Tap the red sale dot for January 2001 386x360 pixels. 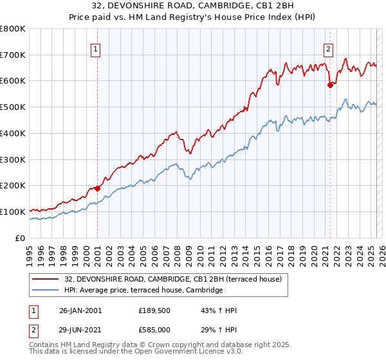(x=98, y=188)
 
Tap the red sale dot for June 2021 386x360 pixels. (x=330, y=84)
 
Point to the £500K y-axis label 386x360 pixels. (x=13, y=107)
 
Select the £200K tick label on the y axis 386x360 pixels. (x=13, y=186)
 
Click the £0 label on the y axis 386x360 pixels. (x=20, y=238)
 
